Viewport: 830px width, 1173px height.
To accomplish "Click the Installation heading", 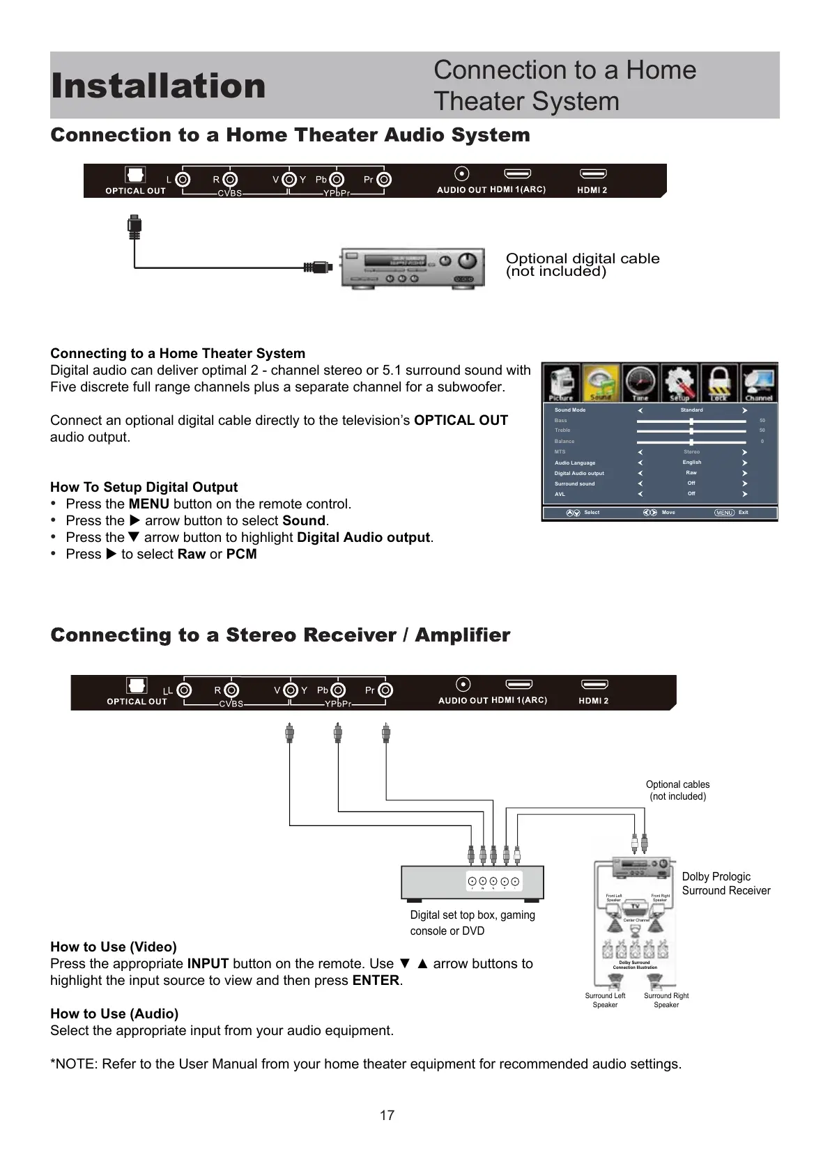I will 158,86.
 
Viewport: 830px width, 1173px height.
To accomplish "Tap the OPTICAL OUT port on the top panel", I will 135,175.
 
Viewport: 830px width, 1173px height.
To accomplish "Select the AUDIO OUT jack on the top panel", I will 461,174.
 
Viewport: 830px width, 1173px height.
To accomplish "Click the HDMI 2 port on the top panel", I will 593,174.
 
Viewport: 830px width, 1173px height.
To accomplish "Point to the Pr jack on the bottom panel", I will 385,690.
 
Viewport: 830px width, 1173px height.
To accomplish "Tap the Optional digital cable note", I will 582,265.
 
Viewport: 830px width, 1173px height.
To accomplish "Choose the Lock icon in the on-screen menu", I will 718,382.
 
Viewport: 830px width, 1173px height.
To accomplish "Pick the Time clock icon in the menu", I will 640,382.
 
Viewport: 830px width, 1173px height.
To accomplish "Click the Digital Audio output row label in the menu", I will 579,474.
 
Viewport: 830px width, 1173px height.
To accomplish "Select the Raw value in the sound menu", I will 691,473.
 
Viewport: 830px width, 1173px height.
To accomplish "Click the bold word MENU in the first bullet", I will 148,504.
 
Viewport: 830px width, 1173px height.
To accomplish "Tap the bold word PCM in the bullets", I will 241,554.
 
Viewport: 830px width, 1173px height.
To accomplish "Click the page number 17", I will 387,1115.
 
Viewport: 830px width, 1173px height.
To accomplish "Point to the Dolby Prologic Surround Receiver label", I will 725,883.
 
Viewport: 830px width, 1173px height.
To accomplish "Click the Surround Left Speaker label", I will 605,1000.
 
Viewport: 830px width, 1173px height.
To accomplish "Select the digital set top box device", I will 472,883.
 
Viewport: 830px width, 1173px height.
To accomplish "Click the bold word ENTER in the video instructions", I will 376,980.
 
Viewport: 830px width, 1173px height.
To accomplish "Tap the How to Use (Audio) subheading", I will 114,1013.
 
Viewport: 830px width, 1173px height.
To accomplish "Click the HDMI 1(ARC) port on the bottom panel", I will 518,685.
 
